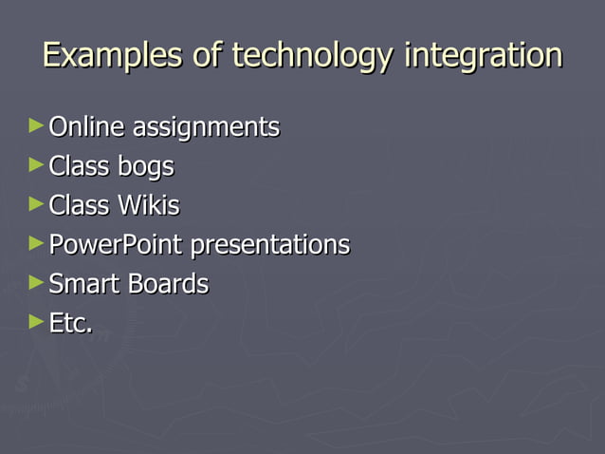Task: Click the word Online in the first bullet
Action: coord(87,127)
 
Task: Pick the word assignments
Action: coord(206,127)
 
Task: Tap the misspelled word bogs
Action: coord(146,167)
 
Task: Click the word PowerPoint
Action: coord(117,245)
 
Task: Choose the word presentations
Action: coord(270,245)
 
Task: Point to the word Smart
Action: coord(81,284)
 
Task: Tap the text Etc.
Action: coord(70,323)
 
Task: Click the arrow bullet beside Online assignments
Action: coord(36,125)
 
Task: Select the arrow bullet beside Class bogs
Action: coord(36,164)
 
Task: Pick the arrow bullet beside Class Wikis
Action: coord(36,203)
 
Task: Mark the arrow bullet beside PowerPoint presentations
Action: coord(36,242)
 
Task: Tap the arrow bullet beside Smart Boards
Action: coord(36,282)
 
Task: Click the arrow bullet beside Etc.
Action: coord(36,321)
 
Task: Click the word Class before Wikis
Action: coord(80,205)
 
